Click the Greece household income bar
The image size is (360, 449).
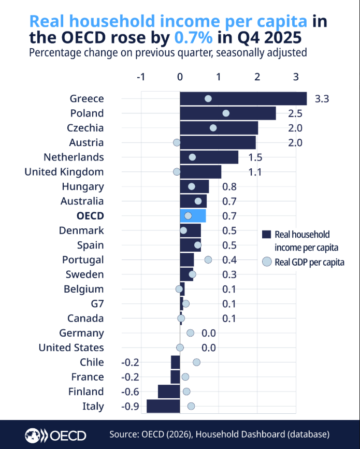(243, 98)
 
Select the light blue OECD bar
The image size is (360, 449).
(193, 215)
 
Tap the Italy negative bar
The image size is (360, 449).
(163, 406)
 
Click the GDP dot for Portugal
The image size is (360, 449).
(208, 260)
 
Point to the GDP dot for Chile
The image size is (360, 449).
(196, 362)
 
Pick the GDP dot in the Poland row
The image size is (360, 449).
(226, 113)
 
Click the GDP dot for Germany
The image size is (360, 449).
(191, 333)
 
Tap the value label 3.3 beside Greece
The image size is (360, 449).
(322, 99)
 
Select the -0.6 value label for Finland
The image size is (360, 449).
(130, 392)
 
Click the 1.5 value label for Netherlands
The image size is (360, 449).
(255, 157)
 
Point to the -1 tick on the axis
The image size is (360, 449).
(141, 77)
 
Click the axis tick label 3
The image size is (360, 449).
(296, 77)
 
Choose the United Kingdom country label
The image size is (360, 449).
(64, 172)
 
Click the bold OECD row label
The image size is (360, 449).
(90, 215)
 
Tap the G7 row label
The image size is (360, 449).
(97, 303)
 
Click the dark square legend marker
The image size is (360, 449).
(266, 235)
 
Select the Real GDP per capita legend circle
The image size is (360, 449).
(267, 262)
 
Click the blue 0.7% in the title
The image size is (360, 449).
(194, 37)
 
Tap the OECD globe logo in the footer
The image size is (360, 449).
(32, 436)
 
